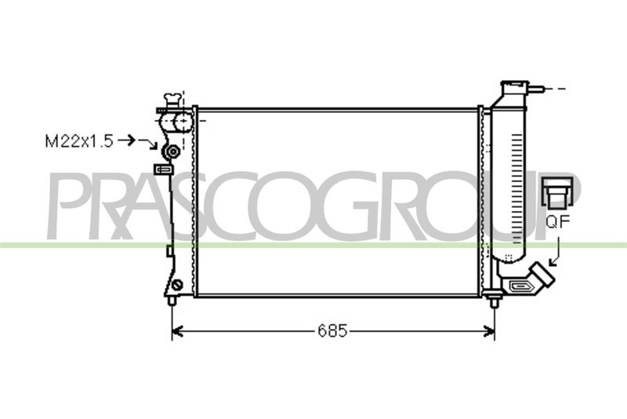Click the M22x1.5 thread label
tap(79, 141)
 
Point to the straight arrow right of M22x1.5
tap(127, 141)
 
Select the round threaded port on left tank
tap(172, 152)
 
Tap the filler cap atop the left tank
tap(172, 100)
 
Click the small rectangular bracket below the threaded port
tap(164, 169)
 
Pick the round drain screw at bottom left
tap(177, 285)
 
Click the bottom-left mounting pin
tap(172, 301)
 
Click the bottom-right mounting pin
tap(494, 302)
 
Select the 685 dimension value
tap(332, 331)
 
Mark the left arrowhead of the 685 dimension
tap(177, 331)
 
